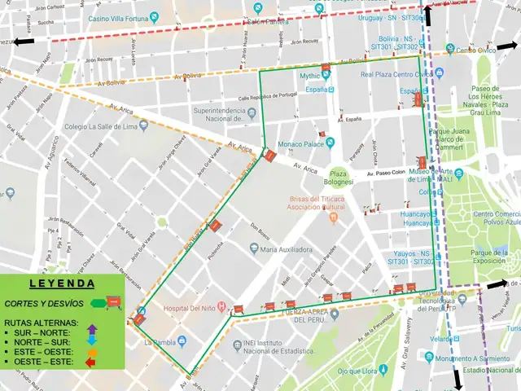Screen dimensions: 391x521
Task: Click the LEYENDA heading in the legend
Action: pyautogui.click(x=62, y=284)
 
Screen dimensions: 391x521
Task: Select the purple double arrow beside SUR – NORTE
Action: pyautogui.click(x=91, y=330)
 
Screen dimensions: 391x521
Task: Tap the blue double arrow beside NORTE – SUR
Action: pyautogui.click(x=91, y=341)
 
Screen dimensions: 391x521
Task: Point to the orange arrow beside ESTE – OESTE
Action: pyautogui.click(x=91, y=352)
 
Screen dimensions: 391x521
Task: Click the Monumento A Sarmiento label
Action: pyautogui.click(x=459, y=358)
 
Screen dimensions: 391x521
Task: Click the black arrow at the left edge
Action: pyautogui.click(x=24, y=41)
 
